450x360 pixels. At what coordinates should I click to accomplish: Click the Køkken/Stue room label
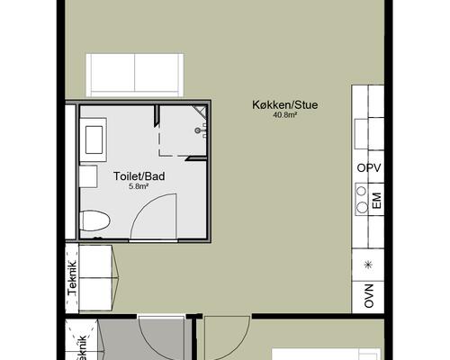[x=284, y=105]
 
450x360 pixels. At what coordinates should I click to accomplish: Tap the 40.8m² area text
[x=284, y=114]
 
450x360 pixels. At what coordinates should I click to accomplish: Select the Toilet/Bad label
[x=139, y=176]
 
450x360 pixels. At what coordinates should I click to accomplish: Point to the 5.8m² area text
[x=139, y=186]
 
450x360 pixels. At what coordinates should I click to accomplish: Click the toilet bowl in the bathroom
[x=95, y=220]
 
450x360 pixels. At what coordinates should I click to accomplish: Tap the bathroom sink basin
[x=94, y=139]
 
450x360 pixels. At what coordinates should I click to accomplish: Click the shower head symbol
[x=198, y=130]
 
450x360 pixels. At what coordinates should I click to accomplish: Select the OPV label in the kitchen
[x=369, y=168]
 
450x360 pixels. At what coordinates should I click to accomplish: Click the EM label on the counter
[x=376, y=201]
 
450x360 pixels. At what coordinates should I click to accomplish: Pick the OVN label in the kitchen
[x=369, y=296]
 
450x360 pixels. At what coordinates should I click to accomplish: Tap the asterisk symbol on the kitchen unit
[x=368, y=265]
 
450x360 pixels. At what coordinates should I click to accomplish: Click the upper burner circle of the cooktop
[x=362, y=191]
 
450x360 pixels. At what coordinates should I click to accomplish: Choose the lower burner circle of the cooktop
[x=362, y=207]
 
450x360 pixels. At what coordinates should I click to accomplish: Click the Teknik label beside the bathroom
[x=72, y=279]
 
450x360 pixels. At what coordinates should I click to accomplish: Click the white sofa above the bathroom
[x=135, y=75]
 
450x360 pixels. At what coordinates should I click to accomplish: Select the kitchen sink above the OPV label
[x=361, y=134]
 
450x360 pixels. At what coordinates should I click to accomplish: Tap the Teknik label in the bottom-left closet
[x=82, y=348]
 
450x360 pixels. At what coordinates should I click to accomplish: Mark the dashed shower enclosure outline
[x=182, y=130]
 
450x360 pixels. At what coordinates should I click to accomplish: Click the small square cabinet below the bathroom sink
[x=88, y=176]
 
